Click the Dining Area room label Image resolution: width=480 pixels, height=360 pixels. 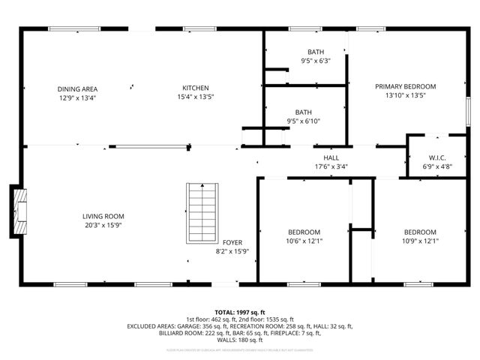click(x=78, y=88)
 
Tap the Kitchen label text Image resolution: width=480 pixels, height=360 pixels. click(x=196, y=88)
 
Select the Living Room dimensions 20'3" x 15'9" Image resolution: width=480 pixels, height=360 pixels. click(x=103, y=225)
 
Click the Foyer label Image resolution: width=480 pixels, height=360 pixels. click(x=232, y=242)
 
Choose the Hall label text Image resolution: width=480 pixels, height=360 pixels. click(x=331, y=158)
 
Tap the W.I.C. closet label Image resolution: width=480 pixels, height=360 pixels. click(x=437, y=158)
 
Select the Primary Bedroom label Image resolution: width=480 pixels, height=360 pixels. click(x=405, y=86)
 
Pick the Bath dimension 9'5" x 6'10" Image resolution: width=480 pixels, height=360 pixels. click(x=304, y=121)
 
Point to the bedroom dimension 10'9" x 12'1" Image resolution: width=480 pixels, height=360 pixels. click(x=421, y=241)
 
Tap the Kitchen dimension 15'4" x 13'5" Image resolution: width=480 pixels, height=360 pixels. click(x=196, y=97)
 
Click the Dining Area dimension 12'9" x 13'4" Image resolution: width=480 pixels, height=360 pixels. click(x=78, y=97)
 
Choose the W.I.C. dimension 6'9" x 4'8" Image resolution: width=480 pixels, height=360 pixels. click(x=437, y=166)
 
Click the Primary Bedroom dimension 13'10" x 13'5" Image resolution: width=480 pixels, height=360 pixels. click(x=405, y=95)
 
